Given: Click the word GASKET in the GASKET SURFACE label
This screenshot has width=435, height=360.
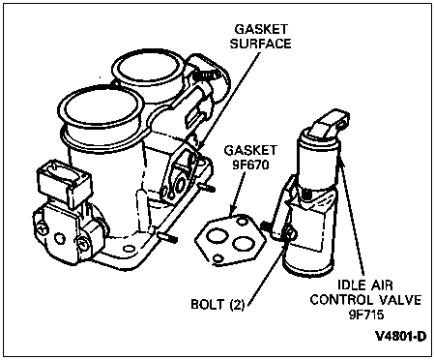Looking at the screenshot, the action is pos(261,29).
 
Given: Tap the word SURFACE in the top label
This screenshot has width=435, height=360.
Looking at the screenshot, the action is pos(260,44).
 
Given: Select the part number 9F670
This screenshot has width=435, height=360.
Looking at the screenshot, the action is pos(250,165).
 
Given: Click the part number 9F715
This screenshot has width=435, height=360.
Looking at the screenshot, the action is pos(366,314).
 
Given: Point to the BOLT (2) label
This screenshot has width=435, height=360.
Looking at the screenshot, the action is pos(217,304).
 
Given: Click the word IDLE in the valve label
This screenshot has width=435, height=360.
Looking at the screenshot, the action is pos(350,285).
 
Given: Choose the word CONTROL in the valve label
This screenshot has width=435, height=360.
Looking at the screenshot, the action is pos(340,299).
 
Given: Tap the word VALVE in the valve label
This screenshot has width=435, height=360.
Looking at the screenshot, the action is pos(399,299).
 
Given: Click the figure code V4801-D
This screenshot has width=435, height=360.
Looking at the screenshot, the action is pos(401,336).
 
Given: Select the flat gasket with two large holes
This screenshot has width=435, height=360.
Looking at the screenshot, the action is pos(230,239).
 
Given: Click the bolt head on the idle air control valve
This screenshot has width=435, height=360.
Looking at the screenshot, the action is pos(289,233).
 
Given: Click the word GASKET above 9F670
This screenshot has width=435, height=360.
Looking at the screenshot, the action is pos(250,151).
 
